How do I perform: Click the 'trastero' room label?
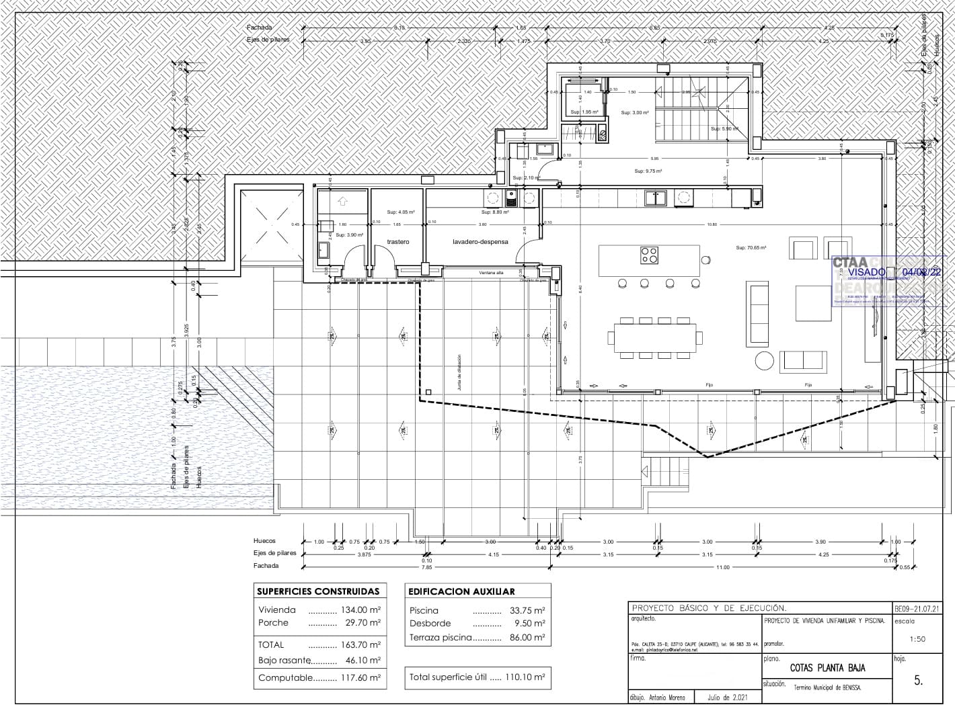click(x=397, y=242)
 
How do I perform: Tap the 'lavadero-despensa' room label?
click(x=480, y=242)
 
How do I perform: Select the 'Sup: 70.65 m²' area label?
click(x=751, y=248)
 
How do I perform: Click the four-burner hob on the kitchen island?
click(x=650, y=255)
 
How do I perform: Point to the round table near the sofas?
click(x=764, y=361)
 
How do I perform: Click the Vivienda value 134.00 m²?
click(x=362, y=610)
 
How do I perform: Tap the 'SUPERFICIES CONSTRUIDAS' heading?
click(x=318, y=592)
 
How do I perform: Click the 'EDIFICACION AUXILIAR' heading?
click(x=461, y=592)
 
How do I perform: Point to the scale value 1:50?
click(x=917, y=639)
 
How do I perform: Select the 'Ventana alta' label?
click(x=491, y=273)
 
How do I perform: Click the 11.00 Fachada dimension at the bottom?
click(x=722, y=567)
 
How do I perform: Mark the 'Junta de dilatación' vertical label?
click(x=459, y=373)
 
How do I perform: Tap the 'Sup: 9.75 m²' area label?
click(x=648, y=171)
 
